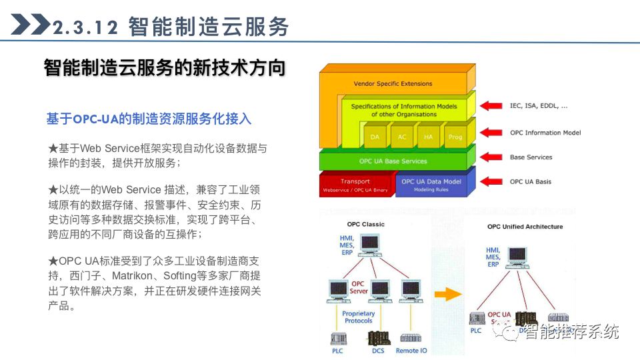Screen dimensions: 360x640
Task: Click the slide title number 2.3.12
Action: [x=85, y=27]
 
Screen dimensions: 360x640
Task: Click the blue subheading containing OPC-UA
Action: [x=149, y=119]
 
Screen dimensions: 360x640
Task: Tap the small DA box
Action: [x=374, y=137]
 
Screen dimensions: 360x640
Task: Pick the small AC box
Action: [x=401, y=137]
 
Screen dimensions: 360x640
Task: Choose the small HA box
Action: [x=428, y=137]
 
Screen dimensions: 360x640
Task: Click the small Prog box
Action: [x=455, y=137]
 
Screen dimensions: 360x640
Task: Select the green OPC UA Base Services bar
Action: [x=393, y=161]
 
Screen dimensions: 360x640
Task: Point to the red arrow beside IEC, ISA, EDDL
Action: [x=491, y=105]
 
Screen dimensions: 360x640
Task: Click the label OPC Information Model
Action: [x=545, y=133]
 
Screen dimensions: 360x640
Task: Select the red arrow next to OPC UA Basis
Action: [x=491, y=181]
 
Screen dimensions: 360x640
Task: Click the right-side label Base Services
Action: [x=531, y=157]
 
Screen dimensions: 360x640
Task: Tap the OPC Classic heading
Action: [x=365, y=225]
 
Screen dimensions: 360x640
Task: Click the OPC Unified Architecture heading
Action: [x=525, y=227]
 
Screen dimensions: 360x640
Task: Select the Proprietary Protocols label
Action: [x=359, y=317]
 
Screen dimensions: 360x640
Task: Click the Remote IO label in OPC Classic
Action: [x=411, y=351]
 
